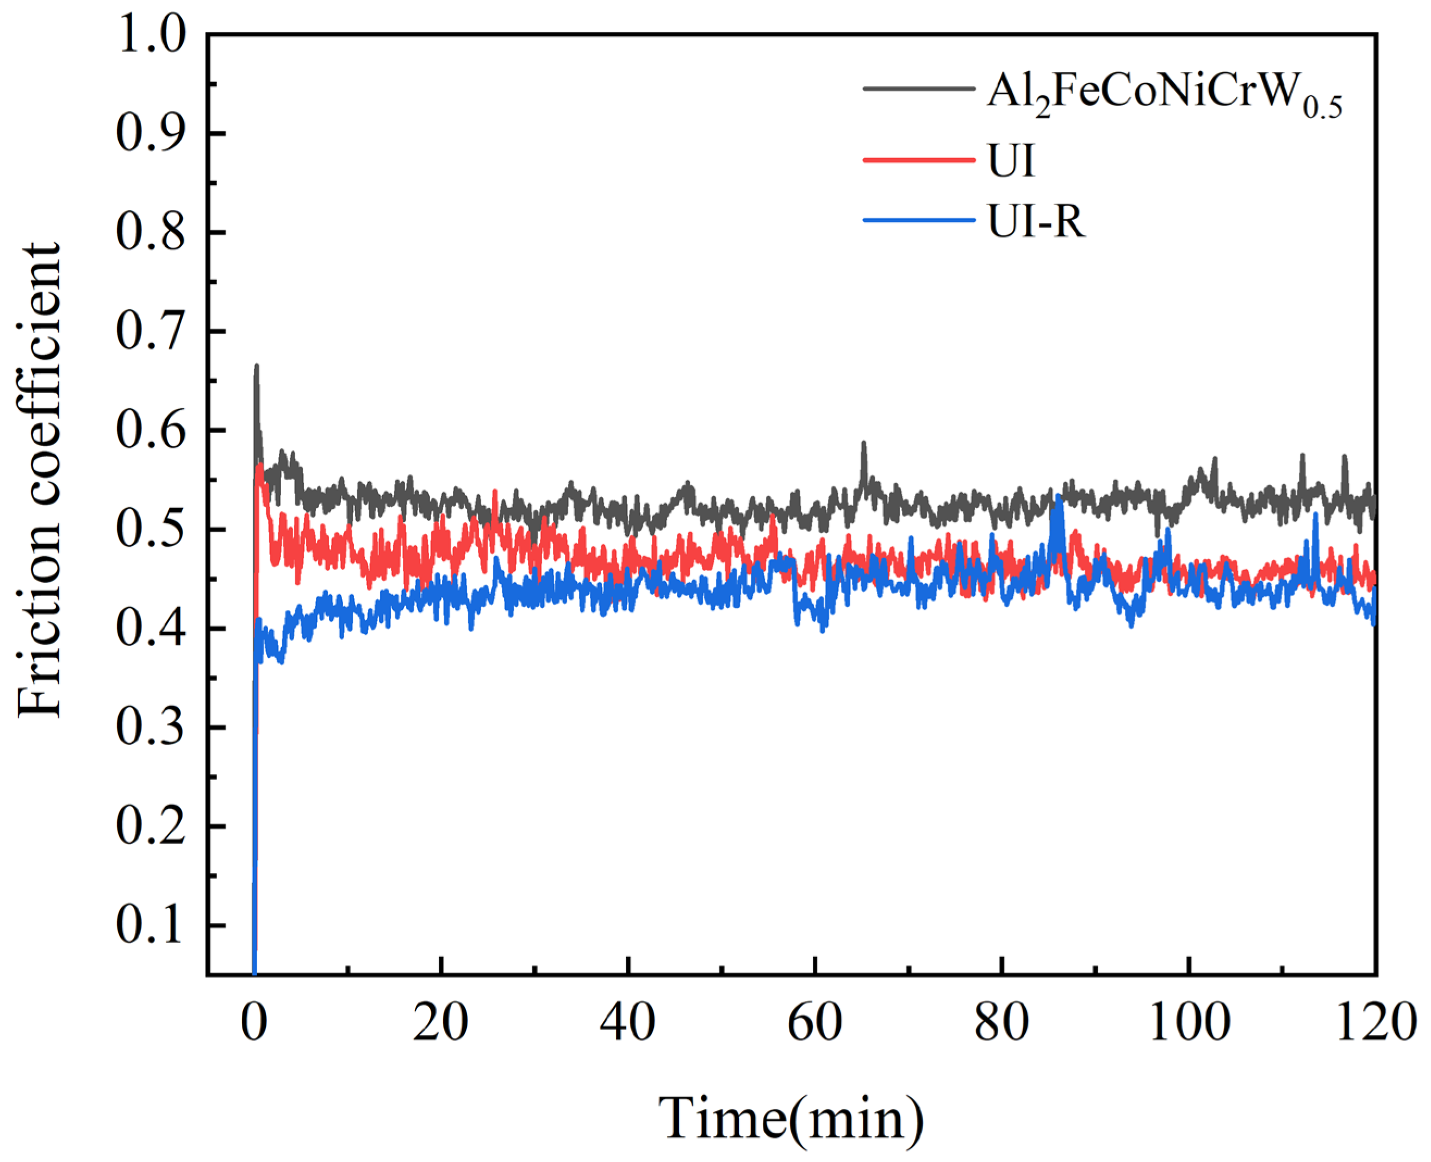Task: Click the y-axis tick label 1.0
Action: [x=150, y=35]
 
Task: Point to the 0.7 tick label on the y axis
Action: [x=150, y=332]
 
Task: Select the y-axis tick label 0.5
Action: [x=150, y=529]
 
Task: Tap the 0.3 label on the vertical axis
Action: [x=150, y=727]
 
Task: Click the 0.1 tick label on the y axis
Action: [x=150, y=925]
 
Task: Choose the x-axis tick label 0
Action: [x=254, y=1023]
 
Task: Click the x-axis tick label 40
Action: [x=627, y=1023]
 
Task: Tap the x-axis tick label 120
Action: [x=1376, y=1023]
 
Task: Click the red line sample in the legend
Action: [x=918, y=159]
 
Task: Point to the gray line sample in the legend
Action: [x=918, y=88]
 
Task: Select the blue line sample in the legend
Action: [x=918, y=220]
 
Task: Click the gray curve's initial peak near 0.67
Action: [x=256, y=367]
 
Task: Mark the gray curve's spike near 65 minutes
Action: [x=864, y=444]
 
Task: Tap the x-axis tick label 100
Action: [x=1189, y=1023]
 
